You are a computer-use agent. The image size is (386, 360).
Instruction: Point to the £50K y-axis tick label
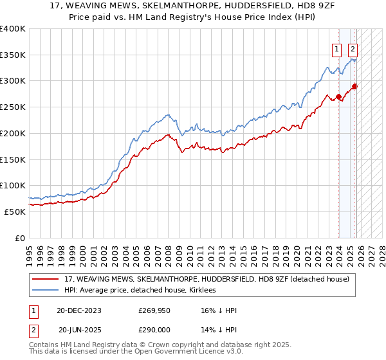click(15, 212)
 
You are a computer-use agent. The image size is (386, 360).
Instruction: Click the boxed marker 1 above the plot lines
click(336, 48)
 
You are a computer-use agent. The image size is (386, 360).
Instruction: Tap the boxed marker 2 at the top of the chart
click(353, 48)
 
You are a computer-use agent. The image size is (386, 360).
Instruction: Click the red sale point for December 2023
click(339, 98)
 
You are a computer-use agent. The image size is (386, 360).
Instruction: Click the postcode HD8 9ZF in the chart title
click(291, 6)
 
